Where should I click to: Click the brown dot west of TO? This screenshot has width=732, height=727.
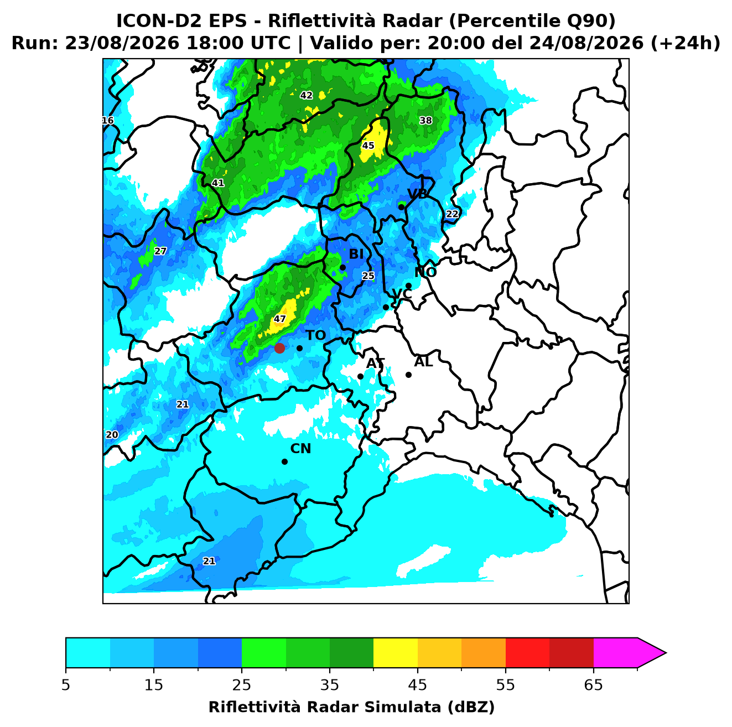point(279,347)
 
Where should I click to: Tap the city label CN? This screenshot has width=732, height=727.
point(300,449)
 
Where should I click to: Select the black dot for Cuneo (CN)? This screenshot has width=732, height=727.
point(284,461)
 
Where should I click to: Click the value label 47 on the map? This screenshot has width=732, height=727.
point(279,319)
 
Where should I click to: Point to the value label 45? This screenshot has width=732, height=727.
point(368,145)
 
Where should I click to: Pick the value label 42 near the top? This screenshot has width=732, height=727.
point(306,95)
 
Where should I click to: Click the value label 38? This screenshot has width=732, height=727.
point(425,120)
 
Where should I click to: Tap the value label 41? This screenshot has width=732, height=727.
point(217,183)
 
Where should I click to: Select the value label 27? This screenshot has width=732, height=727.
point(160,251)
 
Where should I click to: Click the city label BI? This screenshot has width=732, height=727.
point(356,254)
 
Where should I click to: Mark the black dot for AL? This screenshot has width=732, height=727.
point(408,375)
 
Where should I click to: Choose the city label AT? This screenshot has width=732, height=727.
point(375,364)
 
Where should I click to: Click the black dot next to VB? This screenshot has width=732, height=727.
point(401,207)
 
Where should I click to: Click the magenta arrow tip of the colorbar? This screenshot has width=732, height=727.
point(666,653)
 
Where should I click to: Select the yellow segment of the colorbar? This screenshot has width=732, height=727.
point(396,653)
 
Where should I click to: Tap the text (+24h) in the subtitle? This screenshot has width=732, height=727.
point(685,43)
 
